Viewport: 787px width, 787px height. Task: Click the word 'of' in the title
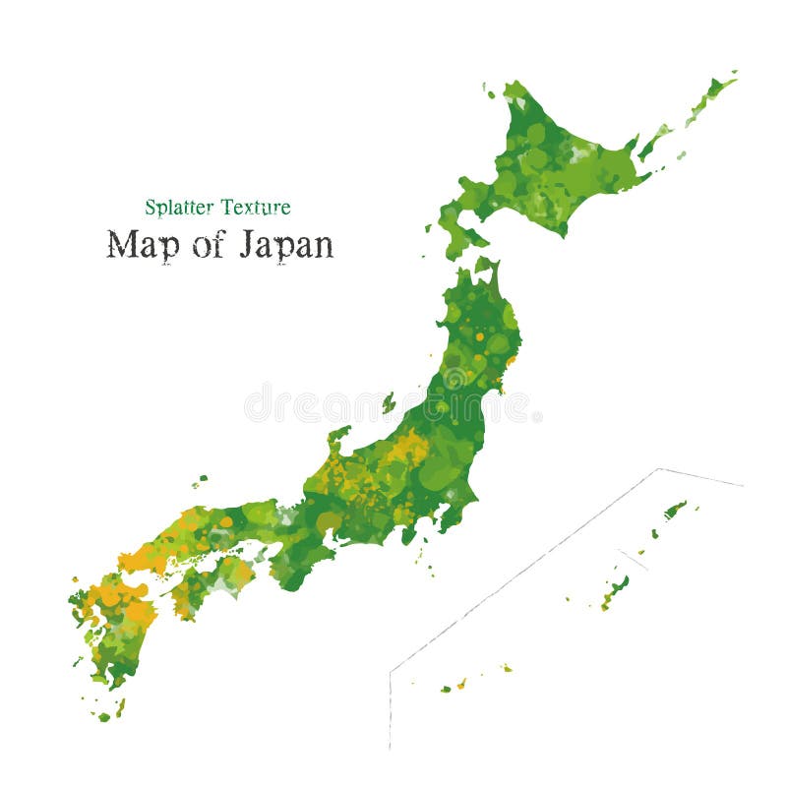[x=208, y=245]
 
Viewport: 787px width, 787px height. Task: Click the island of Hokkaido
[x=551, y=167]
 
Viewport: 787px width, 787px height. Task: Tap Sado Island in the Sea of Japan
[x=389, y=402]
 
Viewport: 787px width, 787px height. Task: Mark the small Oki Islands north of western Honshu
[x=201, y=481]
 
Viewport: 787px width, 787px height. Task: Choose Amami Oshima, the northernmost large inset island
[x=675, y=509]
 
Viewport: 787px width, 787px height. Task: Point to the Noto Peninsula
[x=338, y=436]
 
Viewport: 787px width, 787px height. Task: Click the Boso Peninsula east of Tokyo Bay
[x=454, y=515]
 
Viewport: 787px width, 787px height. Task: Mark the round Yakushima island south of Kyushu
[x=103, y=717]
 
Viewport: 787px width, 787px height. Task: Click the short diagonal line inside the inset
[x=633, y=559]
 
